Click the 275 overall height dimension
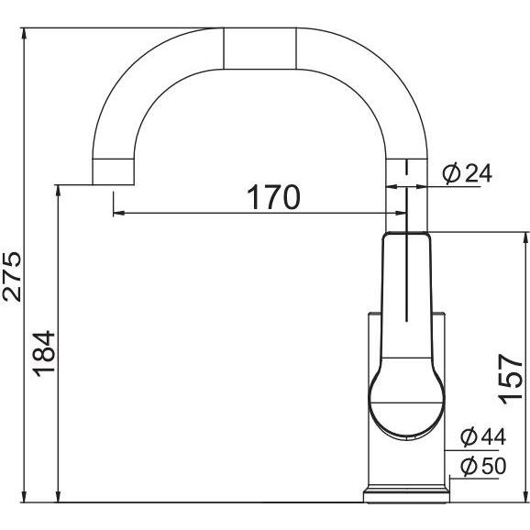click(12, 277)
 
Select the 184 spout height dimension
click(44, 354)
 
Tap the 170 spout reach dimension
click(273, 197)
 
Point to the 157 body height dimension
click(511, 379)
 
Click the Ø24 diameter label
click(468, 173)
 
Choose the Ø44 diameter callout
click(483, 437)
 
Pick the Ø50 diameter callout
click(483, 466)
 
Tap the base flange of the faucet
click(406, 494)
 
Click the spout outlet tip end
click(113, 184)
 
